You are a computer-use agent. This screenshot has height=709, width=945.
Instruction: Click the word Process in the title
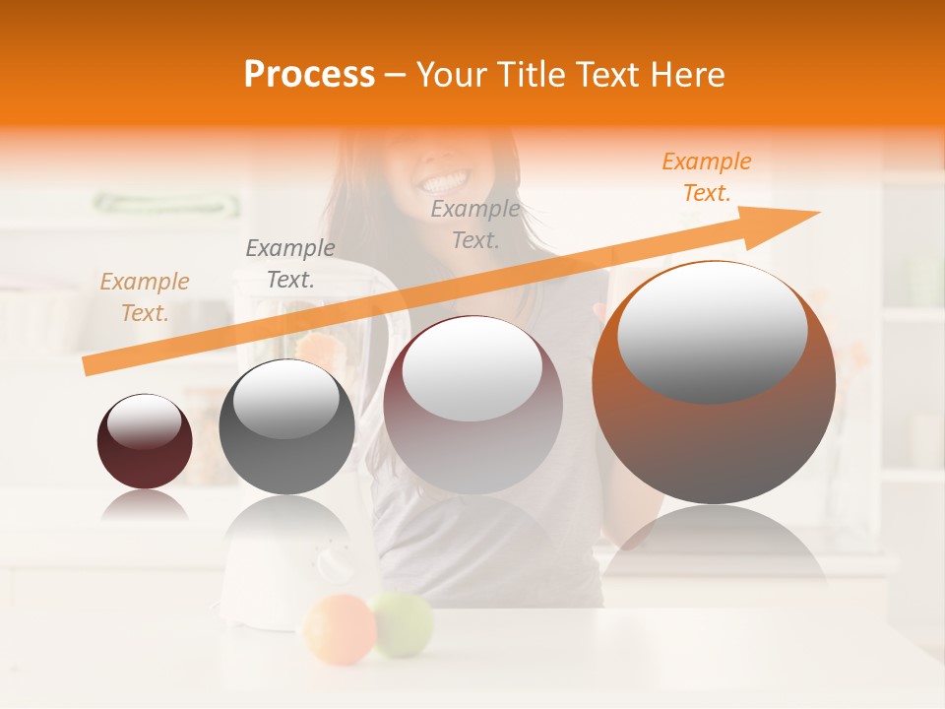309,75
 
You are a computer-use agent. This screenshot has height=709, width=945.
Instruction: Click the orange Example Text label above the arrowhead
706,177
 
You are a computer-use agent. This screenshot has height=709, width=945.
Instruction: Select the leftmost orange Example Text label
144,296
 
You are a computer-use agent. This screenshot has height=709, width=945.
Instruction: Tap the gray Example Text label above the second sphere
289,264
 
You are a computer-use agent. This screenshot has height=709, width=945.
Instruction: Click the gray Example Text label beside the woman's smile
474,224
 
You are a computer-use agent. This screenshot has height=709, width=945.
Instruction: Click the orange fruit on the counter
339,627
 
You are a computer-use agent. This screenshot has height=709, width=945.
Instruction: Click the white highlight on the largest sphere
712,331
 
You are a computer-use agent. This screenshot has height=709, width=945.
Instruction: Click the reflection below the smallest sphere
145,506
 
